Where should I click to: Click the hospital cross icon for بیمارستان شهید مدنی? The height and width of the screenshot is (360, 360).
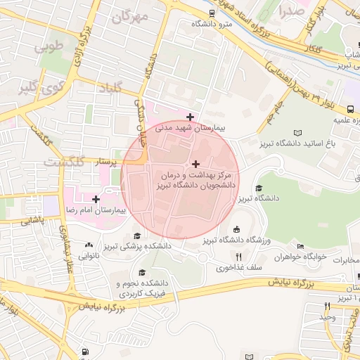[190, 117]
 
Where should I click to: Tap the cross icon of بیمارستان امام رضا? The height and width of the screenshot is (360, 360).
[96, 200]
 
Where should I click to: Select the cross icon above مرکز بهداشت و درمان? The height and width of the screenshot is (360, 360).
[195, 163]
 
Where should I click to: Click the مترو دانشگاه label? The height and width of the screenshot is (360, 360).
[215, 24]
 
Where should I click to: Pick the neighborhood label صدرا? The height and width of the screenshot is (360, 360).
[291, 11]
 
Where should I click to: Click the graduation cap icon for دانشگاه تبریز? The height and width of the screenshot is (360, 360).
[258, 188]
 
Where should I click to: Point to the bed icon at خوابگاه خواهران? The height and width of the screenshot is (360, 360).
[301, 247]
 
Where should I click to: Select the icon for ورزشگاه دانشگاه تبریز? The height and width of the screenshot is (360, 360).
[236, 229]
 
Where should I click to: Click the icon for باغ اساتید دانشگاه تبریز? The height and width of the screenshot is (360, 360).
[297, 133]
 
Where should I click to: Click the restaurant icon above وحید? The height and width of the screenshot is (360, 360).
[327, 306]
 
